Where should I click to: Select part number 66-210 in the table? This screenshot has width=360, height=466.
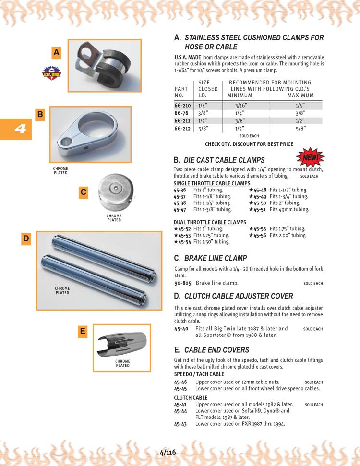(x=182, y=105)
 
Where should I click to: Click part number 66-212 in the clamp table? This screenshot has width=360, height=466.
(x=182, y=129)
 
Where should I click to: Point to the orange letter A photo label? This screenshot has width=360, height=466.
(x=57, y=53)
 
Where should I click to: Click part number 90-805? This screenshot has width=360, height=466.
(x=182, y=283)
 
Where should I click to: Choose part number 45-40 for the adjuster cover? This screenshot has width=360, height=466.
(x=180, y=329)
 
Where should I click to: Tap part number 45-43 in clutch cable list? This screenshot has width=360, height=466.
(x=180, y=424)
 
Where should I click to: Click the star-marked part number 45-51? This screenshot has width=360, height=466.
(x=260, y=209)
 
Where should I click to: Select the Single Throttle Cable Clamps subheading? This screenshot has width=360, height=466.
(x=212, y=184)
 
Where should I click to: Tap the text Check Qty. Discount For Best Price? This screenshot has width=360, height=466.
(x=249, y=144)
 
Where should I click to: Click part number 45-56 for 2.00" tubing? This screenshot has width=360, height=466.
(x=260, y=235)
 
